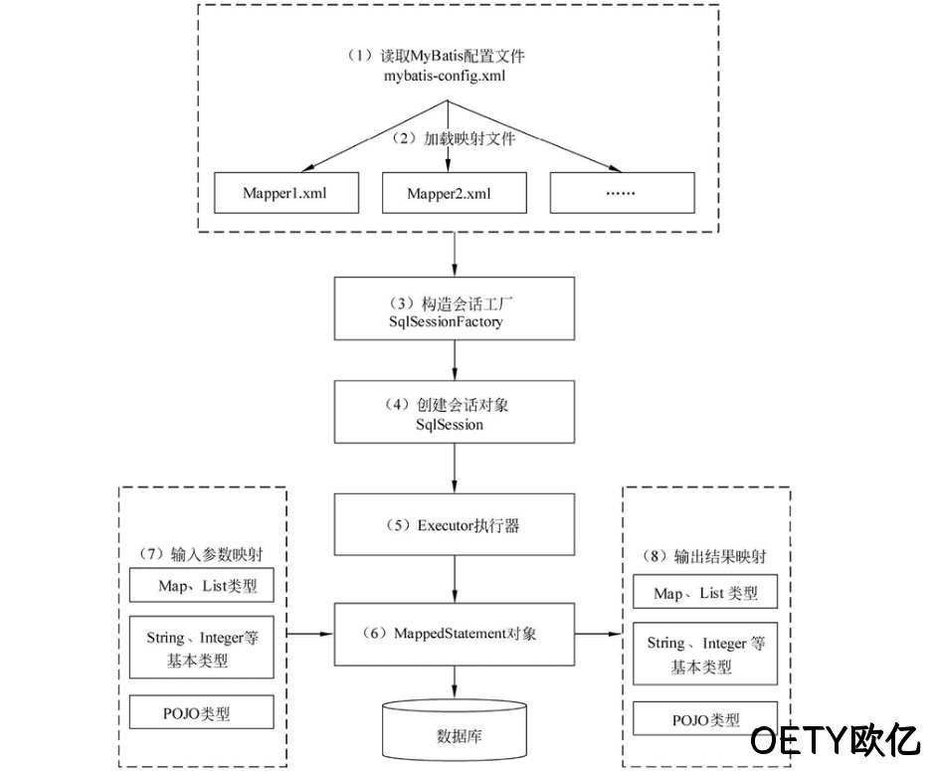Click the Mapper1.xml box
coord(286,192)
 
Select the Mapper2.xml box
coord(455,192)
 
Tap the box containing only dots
coord(622,192)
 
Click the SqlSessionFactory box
coord(455,308)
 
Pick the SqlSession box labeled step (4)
coord(455,412)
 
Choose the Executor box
coord(455,524)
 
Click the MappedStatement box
coord(455,634)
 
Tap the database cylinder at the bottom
coord(455,729)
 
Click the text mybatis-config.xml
coord(445,76)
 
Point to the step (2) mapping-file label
coord(453,138)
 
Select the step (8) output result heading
coord(704,556)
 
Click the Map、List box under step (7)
coord(201,585)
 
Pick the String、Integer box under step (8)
coord(705,654)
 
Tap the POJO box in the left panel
coord(201,712)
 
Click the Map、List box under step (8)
coord(705,592)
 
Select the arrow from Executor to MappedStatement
coord(455,579)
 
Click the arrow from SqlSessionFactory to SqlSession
coord(455,360)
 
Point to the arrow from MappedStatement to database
coord(455,681)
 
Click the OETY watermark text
coord(835,740)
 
